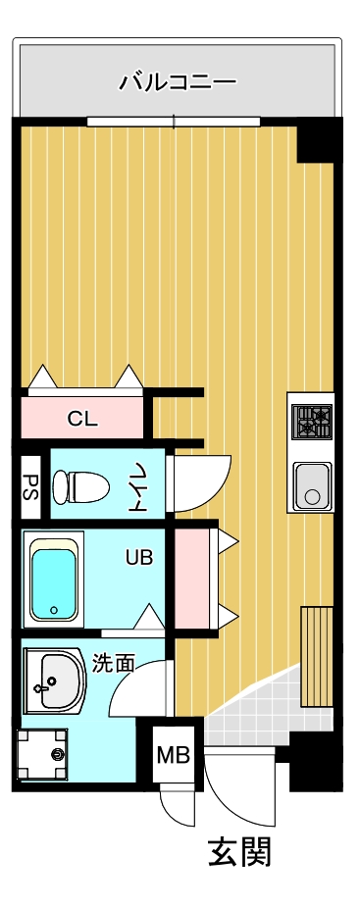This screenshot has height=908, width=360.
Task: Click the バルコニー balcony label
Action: coord(178,81)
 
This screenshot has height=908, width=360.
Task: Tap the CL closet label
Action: coord(82,418)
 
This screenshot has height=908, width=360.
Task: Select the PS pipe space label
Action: coord(30,487)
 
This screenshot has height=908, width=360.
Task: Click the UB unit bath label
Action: coord(139,557)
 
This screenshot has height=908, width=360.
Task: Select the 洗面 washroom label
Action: coord(114,664)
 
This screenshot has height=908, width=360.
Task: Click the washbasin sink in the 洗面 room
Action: coord(55,681)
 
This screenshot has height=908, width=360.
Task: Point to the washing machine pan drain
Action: coord(58,754)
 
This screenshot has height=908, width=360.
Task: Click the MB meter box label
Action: coord(174,755)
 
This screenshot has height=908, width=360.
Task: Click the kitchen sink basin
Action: coord(313,486)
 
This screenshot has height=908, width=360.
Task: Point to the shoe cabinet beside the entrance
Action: coord(317,657)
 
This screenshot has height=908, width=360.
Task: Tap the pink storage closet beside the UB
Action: coord(192,579)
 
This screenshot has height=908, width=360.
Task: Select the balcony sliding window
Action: coord(174,122)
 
